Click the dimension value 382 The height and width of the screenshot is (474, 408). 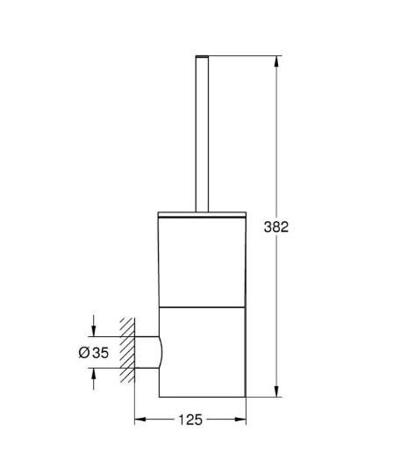[x=277, y=226]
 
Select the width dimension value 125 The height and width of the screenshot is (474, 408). [x=190, y=420]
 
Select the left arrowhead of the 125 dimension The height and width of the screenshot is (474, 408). [x=139, y=420]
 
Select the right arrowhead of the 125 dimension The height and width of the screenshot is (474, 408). [x=242, y=420]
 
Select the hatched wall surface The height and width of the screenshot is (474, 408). [x=128, y=351]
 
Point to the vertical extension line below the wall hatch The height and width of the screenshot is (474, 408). [x=133, y=404]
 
